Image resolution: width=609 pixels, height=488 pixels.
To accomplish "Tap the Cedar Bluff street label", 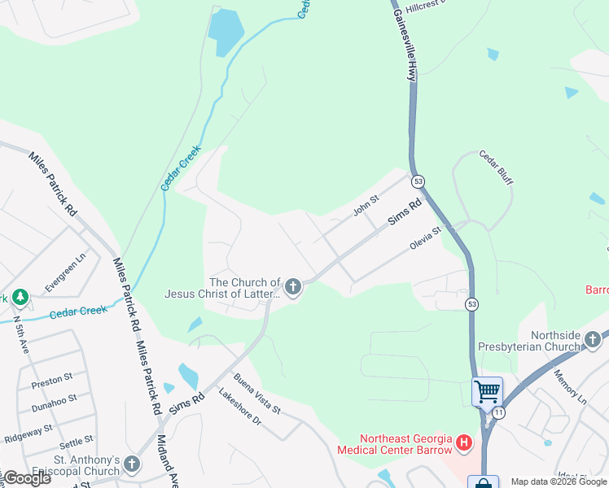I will pos(496,167).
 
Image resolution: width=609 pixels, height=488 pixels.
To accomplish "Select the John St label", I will pos(366,206).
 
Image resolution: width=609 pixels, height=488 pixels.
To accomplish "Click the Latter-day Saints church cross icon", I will pos(293,286).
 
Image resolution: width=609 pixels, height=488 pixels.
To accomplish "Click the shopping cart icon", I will pos(487,391).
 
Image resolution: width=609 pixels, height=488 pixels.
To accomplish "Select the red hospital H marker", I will pos(464,443).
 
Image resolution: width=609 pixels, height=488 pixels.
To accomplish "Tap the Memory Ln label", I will pos(570,387).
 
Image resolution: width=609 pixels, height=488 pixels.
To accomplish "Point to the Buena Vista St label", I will pos(256,393).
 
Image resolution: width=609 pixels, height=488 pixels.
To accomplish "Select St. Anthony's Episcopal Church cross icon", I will pos(132,465).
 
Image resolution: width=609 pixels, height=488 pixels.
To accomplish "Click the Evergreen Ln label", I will pos(65,272).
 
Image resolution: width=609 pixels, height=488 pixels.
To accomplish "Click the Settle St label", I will pos(76,443).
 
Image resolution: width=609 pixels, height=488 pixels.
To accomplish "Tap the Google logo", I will pos(26,478).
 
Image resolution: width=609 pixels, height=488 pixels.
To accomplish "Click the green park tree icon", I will pos(19,298).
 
